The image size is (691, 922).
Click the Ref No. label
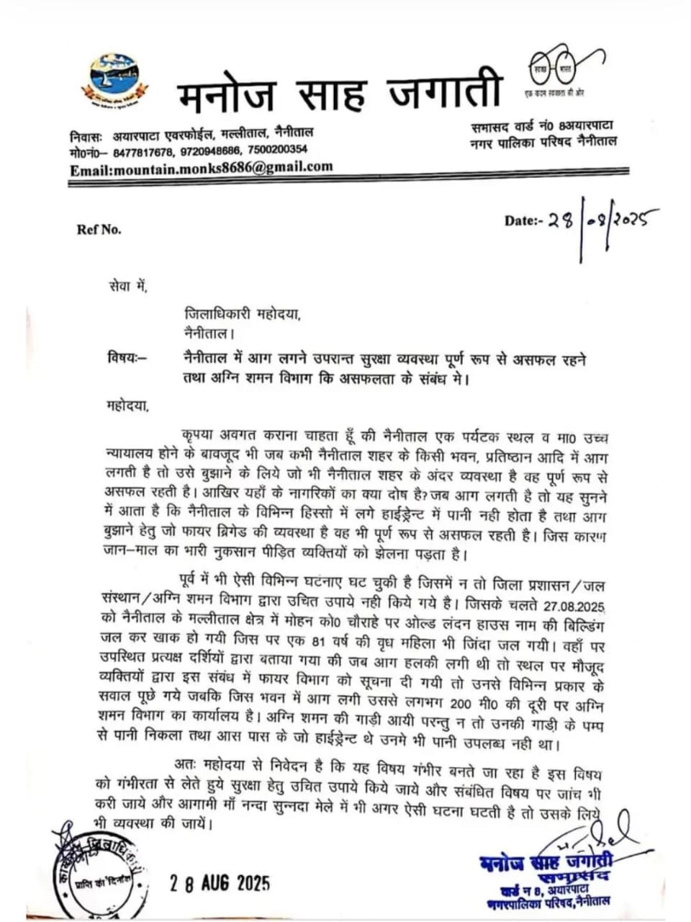[x=99, y=230]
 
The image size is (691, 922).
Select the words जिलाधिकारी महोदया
[x=240, y=314]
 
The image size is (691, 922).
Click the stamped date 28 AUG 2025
[x=219, y=882]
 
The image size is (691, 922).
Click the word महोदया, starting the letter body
[x=127, y=406]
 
